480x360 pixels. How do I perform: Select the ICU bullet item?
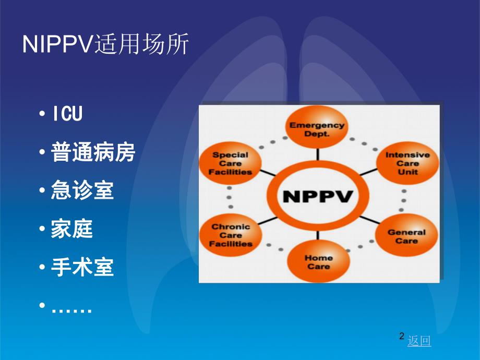[67, 114]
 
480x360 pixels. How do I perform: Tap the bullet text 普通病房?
[93, 153]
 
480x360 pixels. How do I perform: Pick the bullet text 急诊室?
[82, 191]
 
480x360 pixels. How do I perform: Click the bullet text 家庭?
[72, 230]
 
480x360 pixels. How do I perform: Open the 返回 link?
[419, 341]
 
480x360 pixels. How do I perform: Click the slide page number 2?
[401, 337]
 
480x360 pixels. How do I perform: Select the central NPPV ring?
[318, 197]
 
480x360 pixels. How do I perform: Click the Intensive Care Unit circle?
[407, 163]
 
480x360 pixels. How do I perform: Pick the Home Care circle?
[318, 262]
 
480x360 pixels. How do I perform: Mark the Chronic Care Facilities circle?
[231, 235]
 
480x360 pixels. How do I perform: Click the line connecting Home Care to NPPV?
[317, 237]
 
